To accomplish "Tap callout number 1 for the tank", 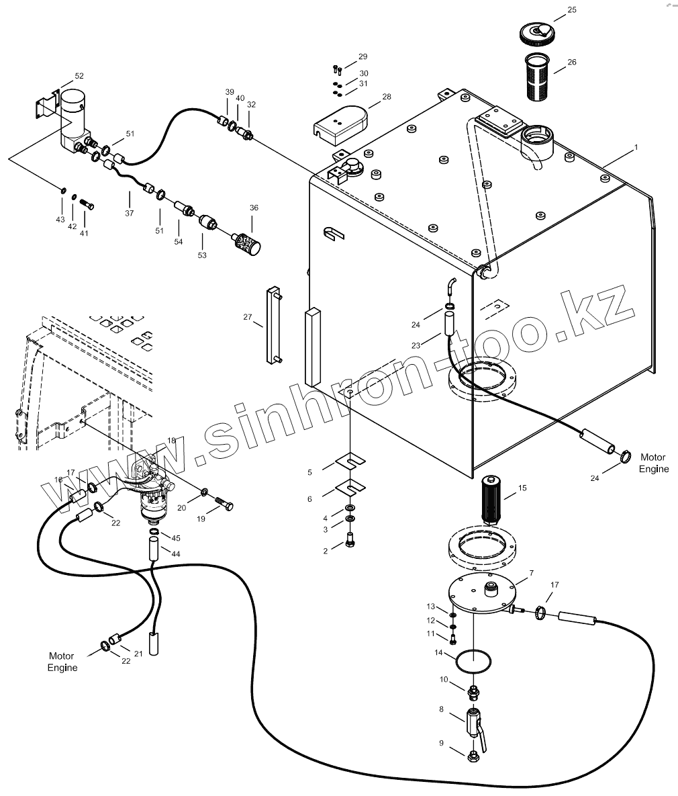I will [636, 146].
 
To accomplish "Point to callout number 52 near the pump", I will [79, 76].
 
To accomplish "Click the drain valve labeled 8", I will [474, 723].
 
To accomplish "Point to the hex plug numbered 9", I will [473, 756].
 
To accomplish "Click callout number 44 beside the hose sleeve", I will [176, 554].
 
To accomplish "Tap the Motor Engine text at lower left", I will [62, 661].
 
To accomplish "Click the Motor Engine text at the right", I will [653, 463].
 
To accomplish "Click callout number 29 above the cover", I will [363, 56].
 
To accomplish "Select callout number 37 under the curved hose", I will [129, 213].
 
